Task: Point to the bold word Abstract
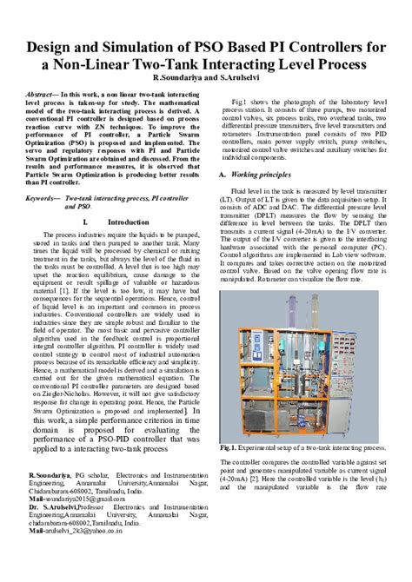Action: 45,92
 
